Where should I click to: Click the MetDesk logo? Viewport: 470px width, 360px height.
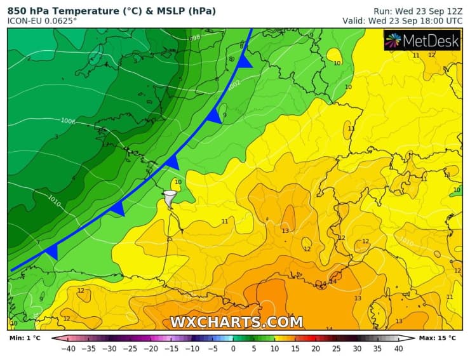(421, 41)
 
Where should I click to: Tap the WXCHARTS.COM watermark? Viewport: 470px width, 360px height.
(236, 322)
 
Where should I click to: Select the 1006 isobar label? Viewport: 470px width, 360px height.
(68, 121)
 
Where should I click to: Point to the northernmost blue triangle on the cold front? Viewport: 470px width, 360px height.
(246, 61)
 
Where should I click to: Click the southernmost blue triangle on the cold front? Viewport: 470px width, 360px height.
(51, 252)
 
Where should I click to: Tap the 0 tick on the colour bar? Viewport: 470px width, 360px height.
(233, 349)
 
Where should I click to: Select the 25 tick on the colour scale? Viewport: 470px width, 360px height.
(336, 349)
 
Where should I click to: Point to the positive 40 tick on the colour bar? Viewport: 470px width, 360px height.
(399, 349)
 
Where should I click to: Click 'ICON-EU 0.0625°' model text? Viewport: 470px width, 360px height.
(42, 21)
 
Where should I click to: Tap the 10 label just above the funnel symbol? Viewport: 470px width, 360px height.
(178, 182)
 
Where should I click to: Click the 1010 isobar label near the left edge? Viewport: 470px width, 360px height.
(55, 199)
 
